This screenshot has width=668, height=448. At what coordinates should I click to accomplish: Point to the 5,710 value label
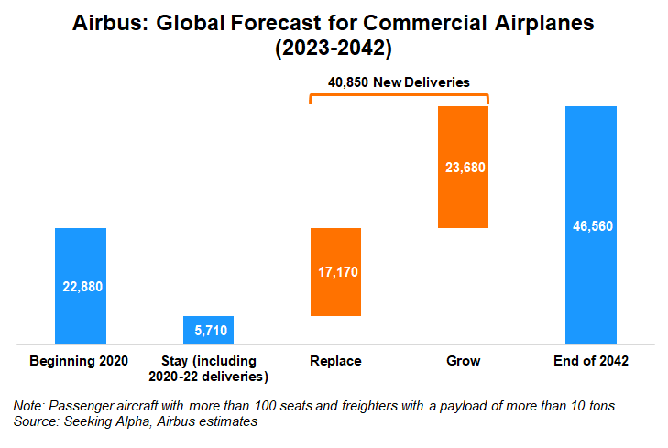[209, 330]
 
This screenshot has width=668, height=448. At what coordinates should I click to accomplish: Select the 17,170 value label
[336, 272]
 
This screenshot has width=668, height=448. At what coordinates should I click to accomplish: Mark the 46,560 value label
[591, 224]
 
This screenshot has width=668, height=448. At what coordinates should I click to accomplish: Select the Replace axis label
[336, 361]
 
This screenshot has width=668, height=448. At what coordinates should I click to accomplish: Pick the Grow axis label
[464, 361]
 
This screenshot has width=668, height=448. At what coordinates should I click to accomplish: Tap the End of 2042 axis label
[591, 361]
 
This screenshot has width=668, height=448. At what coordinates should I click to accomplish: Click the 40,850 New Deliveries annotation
[400, 82]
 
